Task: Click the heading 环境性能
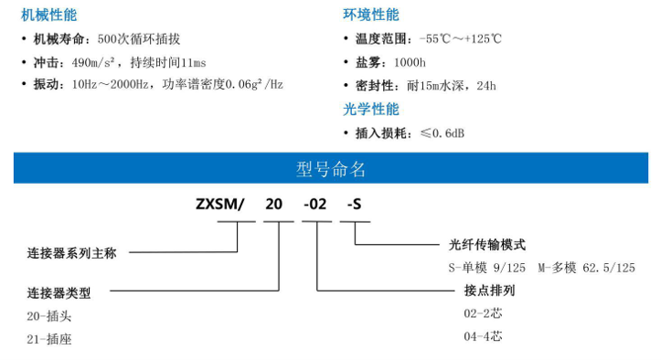click(370, 16)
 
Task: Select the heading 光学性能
click(370, 110)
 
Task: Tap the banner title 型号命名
click(330, 169)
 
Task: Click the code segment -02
click(315, 205)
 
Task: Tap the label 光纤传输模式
click(488, 245)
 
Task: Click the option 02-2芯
click(484, 313)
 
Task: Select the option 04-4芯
click(484, 336)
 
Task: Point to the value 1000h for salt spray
click(410, 63)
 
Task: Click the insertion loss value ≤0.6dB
click(442, 133)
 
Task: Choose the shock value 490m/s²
click(96, 63)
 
